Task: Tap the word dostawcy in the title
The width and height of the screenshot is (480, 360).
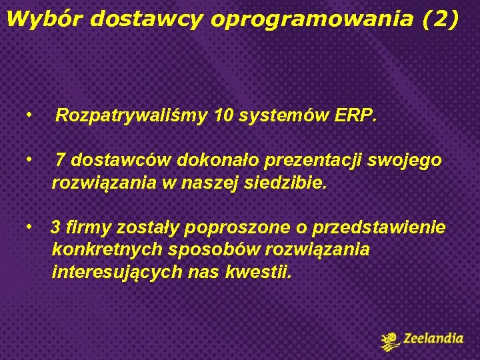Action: [145, 20]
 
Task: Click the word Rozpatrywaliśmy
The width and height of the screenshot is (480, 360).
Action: [131, 117]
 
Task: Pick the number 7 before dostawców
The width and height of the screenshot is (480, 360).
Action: [60, 161]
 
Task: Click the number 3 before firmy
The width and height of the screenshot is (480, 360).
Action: [56, 227]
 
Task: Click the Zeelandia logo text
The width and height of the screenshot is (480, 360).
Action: [432, 339]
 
